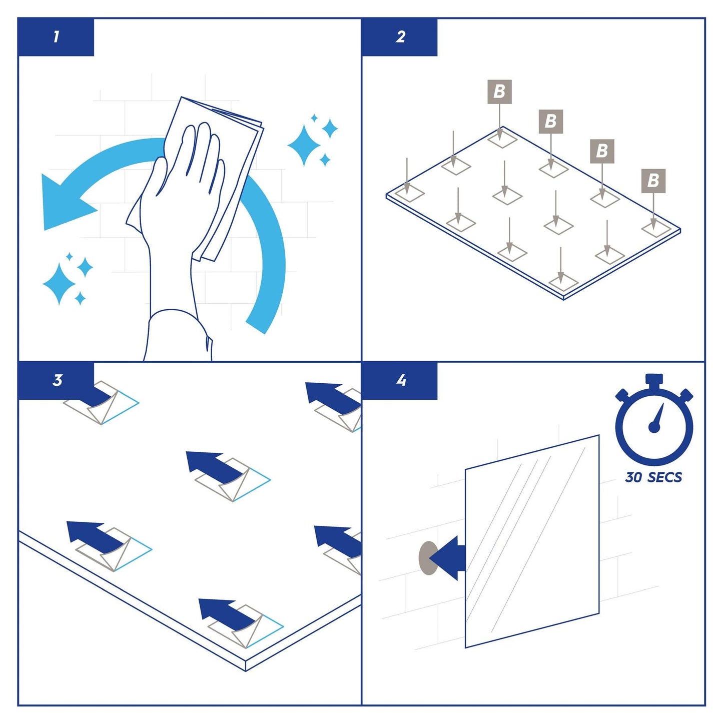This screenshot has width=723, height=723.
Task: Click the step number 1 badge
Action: pos(56,37)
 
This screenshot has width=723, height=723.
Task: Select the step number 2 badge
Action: pos(400,37)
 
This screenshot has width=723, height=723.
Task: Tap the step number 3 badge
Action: pos(56,380)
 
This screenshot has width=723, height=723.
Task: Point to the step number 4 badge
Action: pos(400,380)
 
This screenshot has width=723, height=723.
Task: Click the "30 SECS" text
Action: pos(653,477)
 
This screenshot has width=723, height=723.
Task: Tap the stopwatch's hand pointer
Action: pos(657,418)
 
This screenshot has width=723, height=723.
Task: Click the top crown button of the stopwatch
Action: pos(654,379)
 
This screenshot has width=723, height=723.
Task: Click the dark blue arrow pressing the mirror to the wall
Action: pos(447,558)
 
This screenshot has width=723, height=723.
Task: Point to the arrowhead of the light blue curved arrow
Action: pos(64,203)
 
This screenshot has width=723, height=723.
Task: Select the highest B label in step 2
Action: pos(499,92)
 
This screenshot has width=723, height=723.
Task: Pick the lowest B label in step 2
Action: pos(653,181)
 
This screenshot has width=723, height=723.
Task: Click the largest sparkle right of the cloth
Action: pos(304,145)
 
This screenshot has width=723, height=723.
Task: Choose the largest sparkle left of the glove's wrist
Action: pos(59,283)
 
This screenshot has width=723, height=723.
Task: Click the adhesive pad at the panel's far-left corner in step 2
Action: pos(410,193)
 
